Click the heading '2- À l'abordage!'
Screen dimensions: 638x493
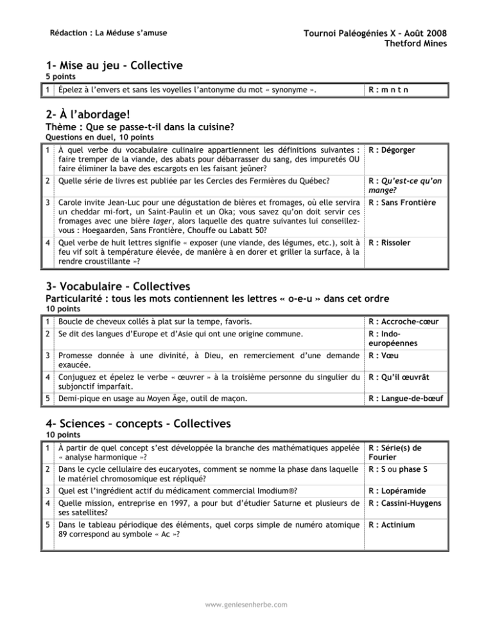point(87,113)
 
